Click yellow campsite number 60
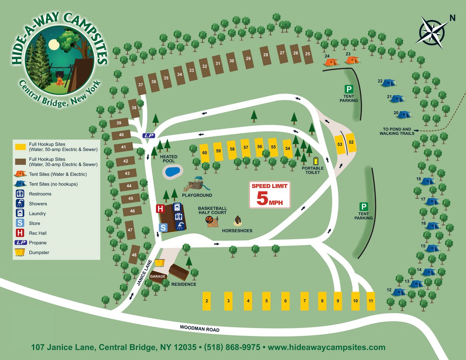click(x=205, y=153)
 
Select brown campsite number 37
click(x=141, y=85)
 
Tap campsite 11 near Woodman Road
click(x=371, y=301)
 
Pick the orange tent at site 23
click(x=352, y=60)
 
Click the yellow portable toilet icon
click(x=315, y=161)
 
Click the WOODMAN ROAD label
click(x=200, y=328)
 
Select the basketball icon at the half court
click(x=210, y=220)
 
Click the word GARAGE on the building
click(x=158, y=277)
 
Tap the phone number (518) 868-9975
click(x=232, y=347)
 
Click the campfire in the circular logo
click(x=59, y=82)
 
